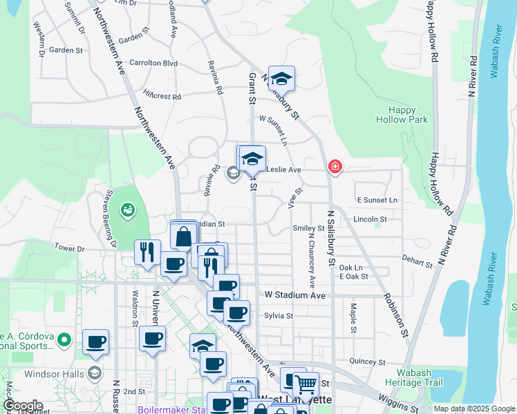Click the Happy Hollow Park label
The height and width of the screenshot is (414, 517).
point(402,115)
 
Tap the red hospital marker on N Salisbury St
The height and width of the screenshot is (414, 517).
point(335,166)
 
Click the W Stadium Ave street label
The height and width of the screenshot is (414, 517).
point(294,295)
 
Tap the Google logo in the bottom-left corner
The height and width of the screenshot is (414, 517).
point(23,406)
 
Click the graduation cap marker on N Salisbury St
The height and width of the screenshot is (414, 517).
point(281,79)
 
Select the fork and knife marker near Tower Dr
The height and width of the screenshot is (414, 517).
point(147,252)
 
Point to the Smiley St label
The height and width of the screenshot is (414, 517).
point(308,228)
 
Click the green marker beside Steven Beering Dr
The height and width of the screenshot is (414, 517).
point(127,209)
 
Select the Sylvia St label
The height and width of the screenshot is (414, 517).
point(279,316)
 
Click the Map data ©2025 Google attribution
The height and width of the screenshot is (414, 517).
point(474,408)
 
